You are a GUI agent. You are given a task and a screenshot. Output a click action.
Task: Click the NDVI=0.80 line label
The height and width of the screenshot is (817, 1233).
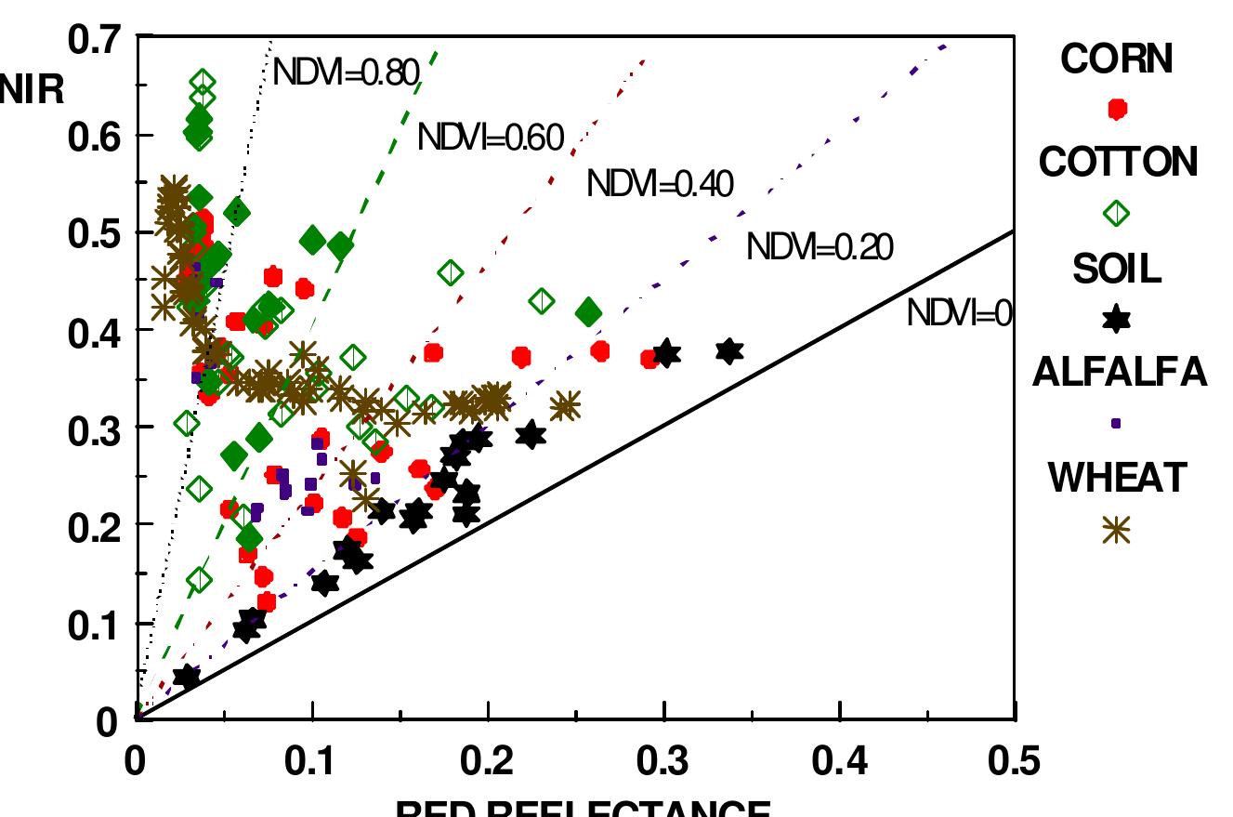(347, 71)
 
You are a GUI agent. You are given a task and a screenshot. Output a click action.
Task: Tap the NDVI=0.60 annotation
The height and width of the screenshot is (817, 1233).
(491, 138)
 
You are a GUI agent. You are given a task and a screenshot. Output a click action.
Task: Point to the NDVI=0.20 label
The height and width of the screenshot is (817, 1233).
(820, 247)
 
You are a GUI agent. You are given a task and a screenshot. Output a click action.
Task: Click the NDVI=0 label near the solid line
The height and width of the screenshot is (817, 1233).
(958, 314)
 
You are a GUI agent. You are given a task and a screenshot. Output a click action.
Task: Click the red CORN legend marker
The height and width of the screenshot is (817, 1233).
(1117, 109)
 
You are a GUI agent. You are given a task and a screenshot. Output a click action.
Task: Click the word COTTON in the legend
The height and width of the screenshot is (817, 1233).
(1118, 163)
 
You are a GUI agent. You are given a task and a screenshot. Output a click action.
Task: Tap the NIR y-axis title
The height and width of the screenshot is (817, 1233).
(33, 92)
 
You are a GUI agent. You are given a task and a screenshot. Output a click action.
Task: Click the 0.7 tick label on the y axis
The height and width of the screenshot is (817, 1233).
(95, 39)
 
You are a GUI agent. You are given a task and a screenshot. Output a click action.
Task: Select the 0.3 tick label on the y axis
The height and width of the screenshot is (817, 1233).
(95, 428)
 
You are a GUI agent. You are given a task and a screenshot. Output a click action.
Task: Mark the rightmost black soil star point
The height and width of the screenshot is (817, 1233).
(729, 351)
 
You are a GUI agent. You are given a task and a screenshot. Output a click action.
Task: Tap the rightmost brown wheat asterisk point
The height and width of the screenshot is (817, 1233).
(565, 406)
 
